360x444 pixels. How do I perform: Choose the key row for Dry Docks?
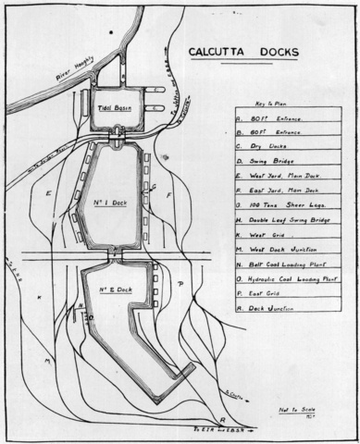[x=267, y=145]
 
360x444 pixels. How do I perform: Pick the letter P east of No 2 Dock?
[x=180, y=283]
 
